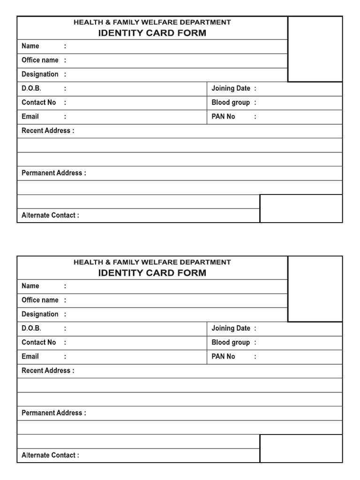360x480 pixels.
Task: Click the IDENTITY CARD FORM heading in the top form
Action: [x=152, y=33]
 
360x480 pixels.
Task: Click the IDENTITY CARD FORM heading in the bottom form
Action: [x=152, y=273]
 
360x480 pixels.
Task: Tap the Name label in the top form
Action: [x=30, y=46]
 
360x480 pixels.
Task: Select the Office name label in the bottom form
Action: [x=40, y=300]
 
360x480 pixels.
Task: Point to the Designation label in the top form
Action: [x=40, y=74]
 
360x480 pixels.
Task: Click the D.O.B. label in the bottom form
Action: [x=31, y=328]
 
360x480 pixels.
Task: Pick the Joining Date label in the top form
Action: [x=231, y=88]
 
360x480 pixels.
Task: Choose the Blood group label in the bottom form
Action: [x=231, y=342]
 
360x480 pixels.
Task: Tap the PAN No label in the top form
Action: [x=223, y=116]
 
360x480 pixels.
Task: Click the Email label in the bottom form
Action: [x=30, y=356]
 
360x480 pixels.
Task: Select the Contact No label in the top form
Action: [x=38, y=102]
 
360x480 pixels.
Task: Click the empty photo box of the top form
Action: [x=315, y=49]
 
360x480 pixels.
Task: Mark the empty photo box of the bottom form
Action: [x=315, y=289]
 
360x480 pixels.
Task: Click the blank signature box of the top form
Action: [x=301, y=209]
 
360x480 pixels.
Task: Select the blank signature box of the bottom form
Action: [x=301, y=449]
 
